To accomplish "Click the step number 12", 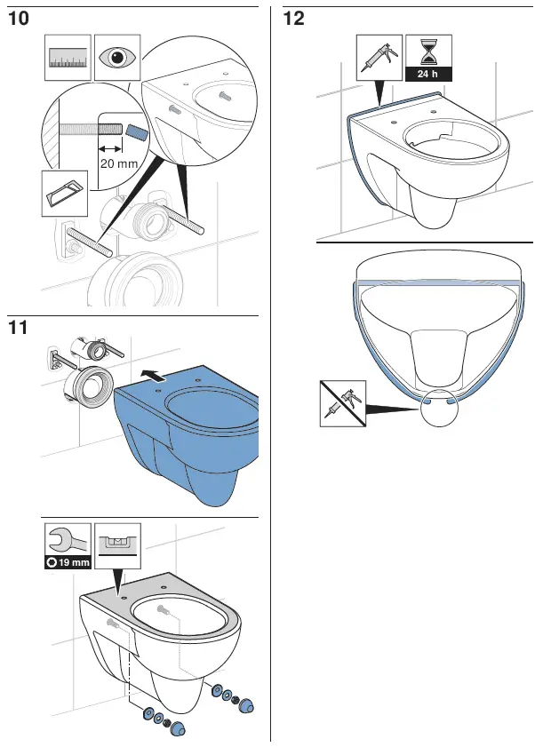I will pos(293,18).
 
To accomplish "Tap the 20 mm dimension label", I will pos(118,164).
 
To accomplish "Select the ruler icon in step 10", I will pos(68,58).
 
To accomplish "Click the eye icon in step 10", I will pos(116,58).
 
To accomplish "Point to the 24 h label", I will pos(428,75).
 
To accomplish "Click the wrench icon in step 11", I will pos(67,540).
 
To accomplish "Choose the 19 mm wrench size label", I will pos(68,562).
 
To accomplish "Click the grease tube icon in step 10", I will pos(66,193).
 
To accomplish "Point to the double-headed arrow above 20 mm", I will pos(110,148).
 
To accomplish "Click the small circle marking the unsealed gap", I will pos(442,408).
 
